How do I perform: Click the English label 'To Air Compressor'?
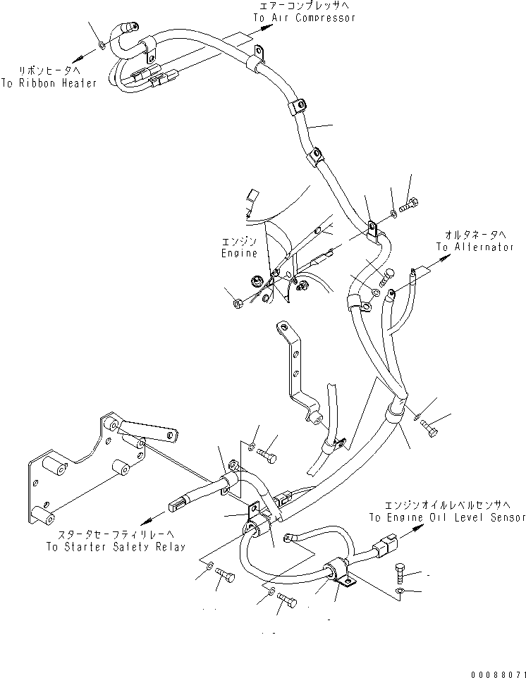305,18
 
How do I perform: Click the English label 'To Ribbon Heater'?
58,82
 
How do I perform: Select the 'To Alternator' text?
475,247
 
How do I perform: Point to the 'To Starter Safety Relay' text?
116,546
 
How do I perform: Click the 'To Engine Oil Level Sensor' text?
446,517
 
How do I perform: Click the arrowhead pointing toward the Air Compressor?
267,28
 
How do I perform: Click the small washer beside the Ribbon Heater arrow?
102,46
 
